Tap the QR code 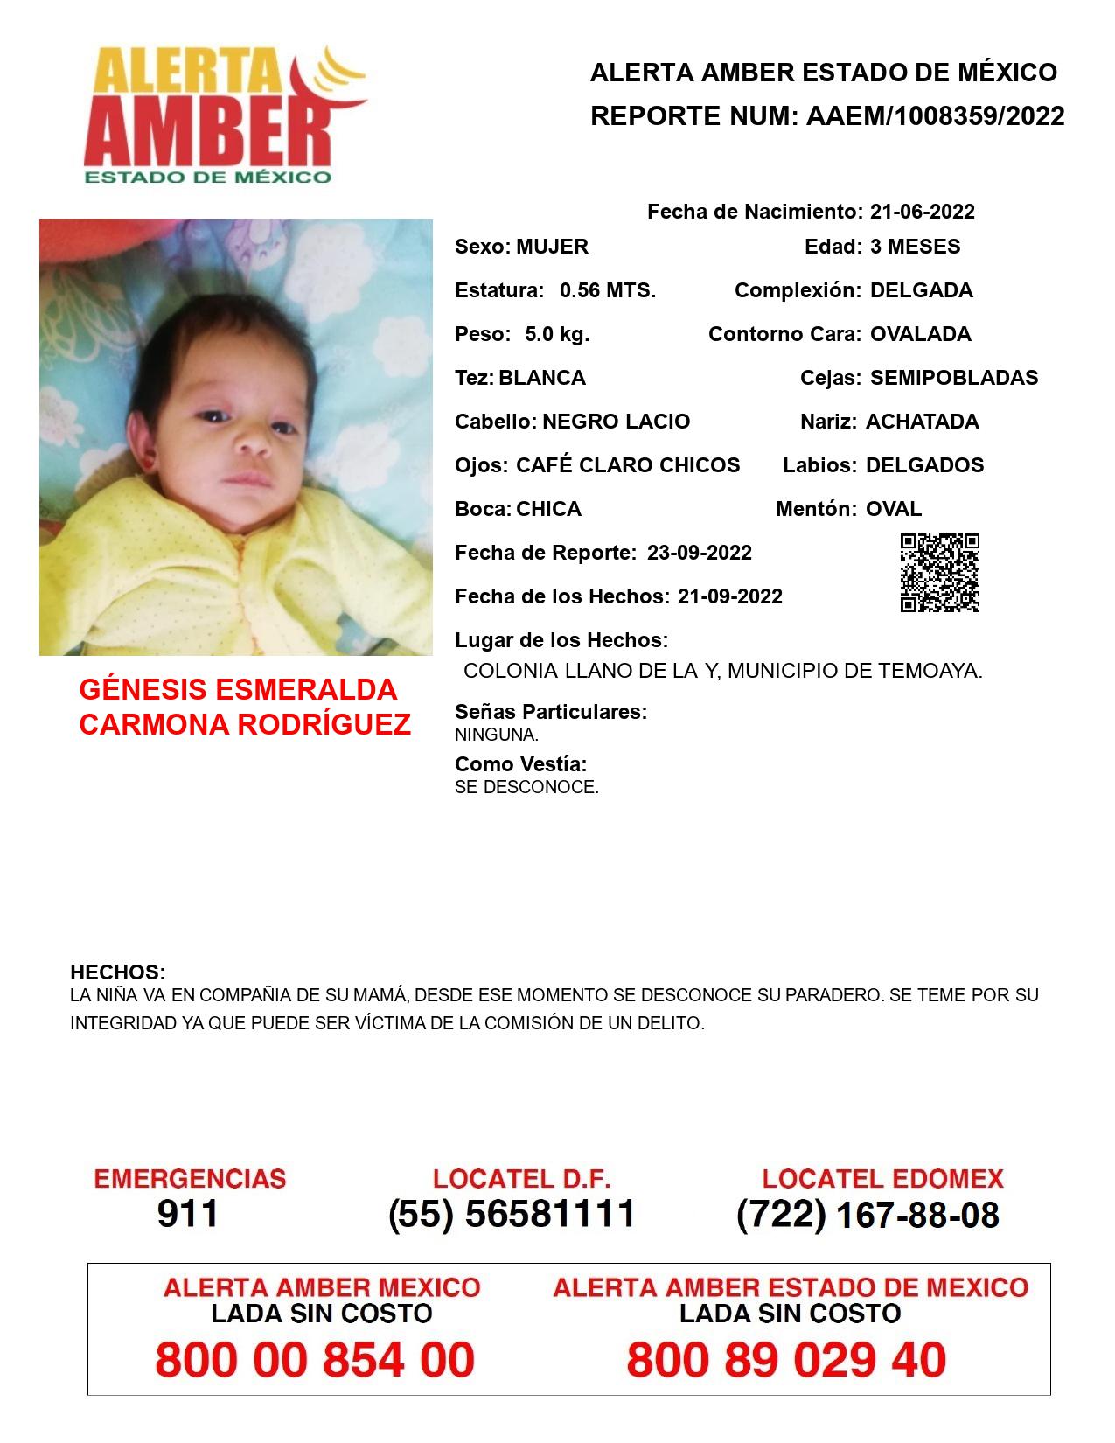tap(940, 573)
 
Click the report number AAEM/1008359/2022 tap(935, 116)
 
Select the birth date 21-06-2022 tap(922, 212)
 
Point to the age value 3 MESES tap(915, 247)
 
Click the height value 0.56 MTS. tap(608, 290)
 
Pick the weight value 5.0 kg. tap(557, 334)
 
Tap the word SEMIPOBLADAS tap(954, 378)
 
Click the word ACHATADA tap(922, 422)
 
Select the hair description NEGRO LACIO tap(616, 422)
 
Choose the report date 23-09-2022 tap(700, 553)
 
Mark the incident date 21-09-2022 tap(730, 596)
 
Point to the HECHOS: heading tap(117, 972)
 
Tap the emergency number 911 tap(188, 1214)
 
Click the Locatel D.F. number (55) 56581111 tap(512, 1214)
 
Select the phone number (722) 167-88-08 tap(868, 1215)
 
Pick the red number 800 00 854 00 tap(315, 1360)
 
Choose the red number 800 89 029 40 tap(786, 1360)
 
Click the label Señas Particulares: tap(551, 712)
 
